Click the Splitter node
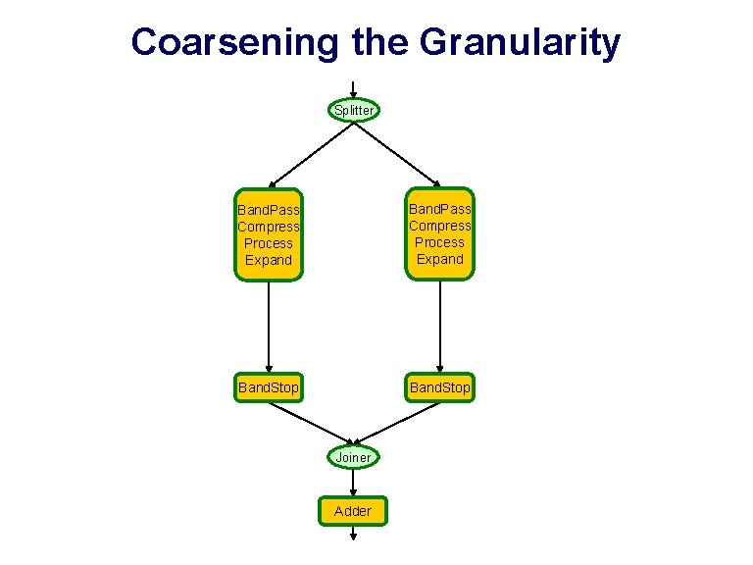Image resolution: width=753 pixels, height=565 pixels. (353, 110)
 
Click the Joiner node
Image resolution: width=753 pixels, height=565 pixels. (353, 457)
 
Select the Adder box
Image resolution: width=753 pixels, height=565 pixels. (353, 510)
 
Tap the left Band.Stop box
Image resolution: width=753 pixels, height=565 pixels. (269, 388)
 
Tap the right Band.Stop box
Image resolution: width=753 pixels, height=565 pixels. (439, 388)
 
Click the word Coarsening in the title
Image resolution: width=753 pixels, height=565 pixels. (234, 42)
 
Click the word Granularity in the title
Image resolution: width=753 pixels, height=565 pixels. (520, 42)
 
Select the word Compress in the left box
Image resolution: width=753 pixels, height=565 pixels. (269, 227)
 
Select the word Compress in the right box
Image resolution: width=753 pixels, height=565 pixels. (439, 226)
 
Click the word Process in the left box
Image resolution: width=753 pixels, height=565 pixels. (269, 243)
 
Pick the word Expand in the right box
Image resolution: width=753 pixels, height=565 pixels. (439, 259)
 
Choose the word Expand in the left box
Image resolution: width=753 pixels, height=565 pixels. (269, 260)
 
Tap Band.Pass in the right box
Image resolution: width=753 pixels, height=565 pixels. (439, 209)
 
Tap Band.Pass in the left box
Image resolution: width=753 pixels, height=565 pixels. (269, 210)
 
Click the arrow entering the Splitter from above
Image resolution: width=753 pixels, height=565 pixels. (353, 88)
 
